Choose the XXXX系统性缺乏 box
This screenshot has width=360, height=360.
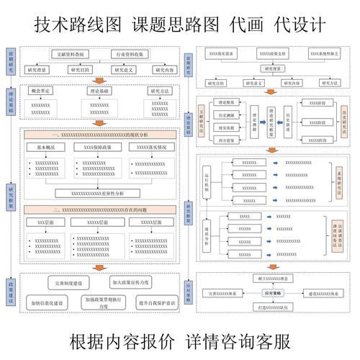click(323, 54)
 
